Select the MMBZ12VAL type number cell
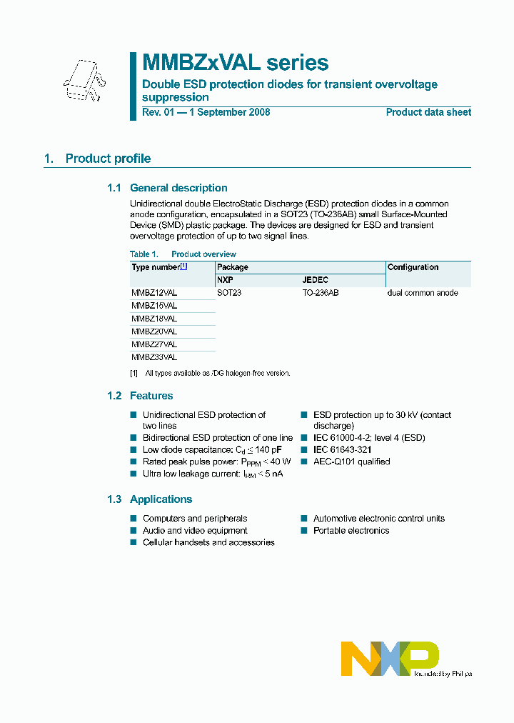click(154, 293)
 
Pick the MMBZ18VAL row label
click(154, 319)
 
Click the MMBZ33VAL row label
click(154, 357)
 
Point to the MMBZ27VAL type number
click(154, 344)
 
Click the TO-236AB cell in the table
click(321, 293)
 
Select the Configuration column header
click(413, 267)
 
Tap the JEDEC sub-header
click(316, 280)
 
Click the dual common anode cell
click(423, 293)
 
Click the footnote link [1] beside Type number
click(183, 266)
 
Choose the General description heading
click(178, 188)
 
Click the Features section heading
click(151, 396)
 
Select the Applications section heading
click(161, 499)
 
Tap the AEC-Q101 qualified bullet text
click(351, 462)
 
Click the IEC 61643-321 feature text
click(342, 450)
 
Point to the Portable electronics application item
click(351, 531)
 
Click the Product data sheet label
click(428, 112)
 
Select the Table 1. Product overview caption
click(183, 254)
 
